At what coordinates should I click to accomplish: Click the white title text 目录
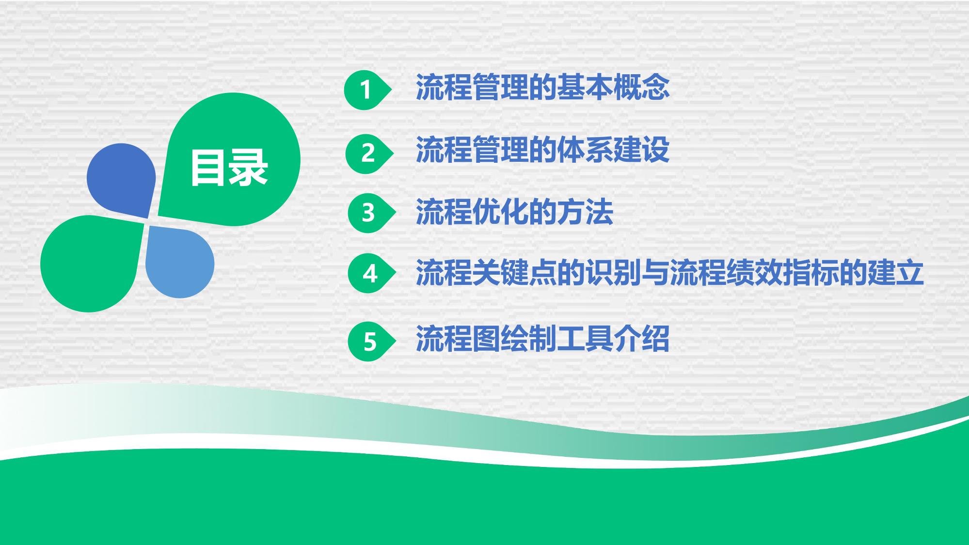229,168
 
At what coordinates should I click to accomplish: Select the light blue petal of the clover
179,262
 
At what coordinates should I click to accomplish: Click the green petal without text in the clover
92,264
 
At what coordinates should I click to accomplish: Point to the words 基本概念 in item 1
613,87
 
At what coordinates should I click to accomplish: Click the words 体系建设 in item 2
613,150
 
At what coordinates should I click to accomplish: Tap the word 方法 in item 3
585,212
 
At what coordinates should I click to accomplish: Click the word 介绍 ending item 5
641,338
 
